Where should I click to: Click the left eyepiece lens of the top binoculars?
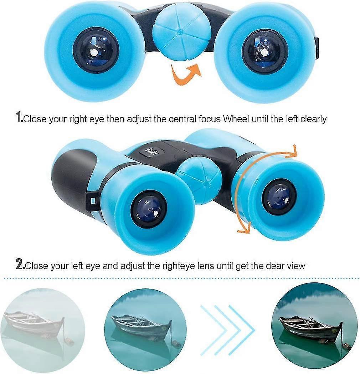click(96, 51)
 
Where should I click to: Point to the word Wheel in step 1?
click(236, 119)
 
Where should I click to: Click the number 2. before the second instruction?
click(20, 265)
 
